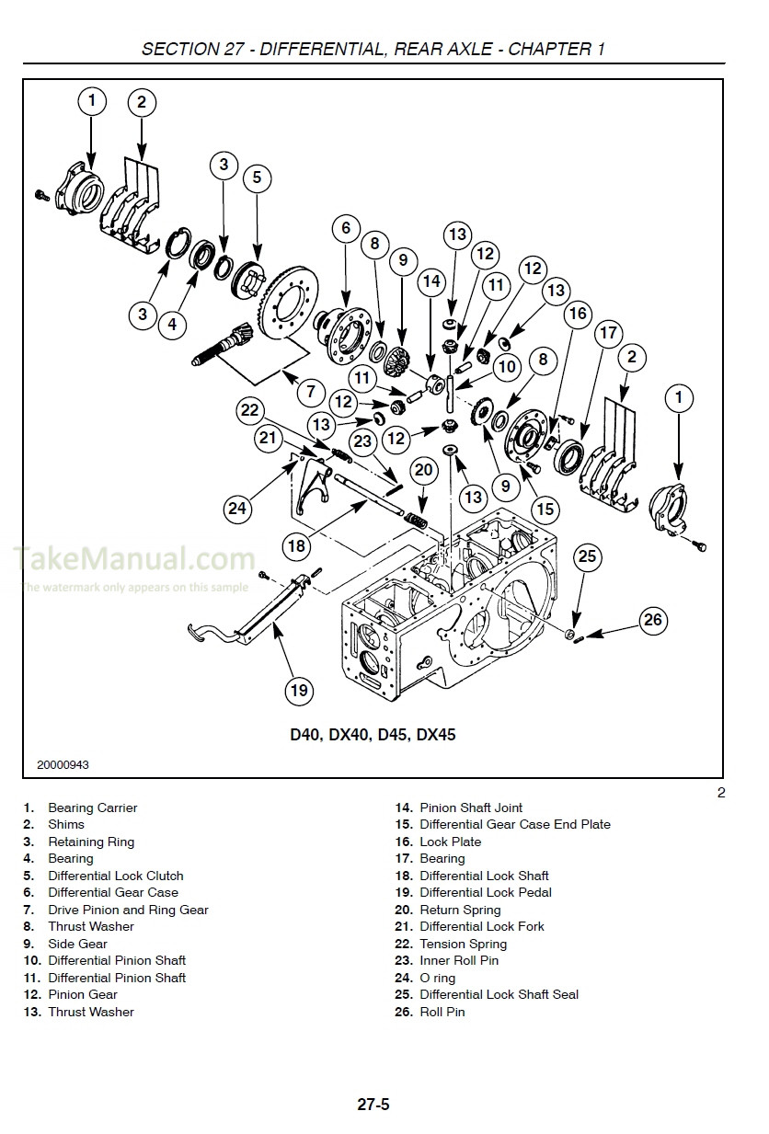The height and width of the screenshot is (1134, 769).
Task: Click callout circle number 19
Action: coord(299,690)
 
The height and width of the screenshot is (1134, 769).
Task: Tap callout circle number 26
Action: coord(652,620)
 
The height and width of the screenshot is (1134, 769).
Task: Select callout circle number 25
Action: coord(587,556)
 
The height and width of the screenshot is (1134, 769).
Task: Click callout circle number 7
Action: coord(310,391)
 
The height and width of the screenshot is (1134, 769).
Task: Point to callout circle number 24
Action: coord(236,508)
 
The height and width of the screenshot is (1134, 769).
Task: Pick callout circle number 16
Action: coord(577,315)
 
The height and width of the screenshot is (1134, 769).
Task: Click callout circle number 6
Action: coord(345,227)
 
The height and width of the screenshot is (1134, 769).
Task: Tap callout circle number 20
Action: coord(422,469)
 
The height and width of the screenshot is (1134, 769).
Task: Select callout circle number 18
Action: coord(296,545)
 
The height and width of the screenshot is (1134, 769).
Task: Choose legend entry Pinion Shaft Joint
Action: coord(471,808)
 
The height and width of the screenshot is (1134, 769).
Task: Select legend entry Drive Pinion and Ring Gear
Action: coord(128,910)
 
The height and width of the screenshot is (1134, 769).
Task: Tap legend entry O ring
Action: coord(437,978)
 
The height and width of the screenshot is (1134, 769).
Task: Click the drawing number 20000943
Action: coord(63,764)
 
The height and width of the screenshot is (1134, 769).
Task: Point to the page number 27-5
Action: coord(373,1105)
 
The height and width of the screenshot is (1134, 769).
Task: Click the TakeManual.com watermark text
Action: coord(133,557)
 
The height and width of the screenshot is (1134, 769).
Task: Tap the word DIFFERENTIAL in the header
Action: coord(319,49)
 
